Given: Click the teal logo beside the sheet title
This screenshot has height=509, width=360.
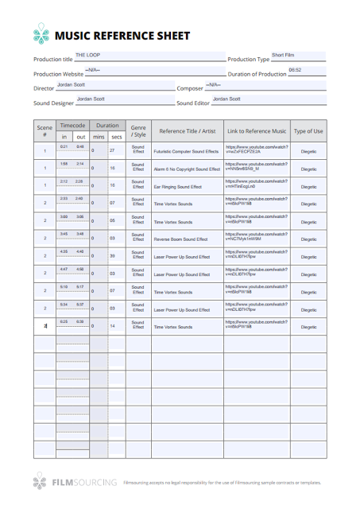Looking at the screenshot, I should click(x=41, y=34).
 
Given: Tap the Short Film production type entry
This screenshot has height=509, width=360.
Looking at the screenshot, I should click(x=283, y=55).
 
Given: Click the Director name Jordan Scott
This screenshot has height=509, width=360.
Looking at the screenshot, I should click(x=70, y=84).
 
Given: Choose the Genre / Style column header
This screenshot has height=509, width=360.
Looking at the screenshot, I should click(x=138, y=130).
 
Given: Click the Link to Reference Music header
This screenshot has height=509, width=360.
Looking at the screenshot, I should click(x=257, y=130).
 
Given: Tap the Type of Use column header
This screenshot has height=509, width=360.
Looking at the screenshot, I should click(x=308, y=130).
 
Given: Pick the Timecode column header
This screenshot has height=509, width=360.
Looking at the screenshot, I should click(x=72, y=126).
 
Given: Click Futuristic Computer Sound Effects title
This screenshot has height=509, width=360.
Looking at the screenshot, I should click(x=186, y=150).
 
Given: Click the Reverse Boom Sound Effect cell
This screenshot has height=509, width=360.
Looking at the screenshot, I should click(x=180, y=239).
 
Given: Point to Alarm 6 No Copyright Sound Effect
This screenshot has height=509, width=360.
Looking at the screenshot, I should click(x=187, y=169).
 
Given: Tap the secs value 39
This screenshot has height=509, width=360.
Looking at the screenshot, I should click(x=112, y=256).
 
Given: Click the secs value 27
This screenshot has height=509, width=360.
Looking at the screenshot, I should click(x=112, y=150).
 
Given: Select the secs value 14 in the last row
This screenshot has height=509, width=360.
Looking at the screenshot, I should click(x=112, y=326).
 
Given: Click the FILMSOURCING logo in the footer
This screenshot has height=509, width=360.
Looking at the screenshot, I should click(x=75, y=481).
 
